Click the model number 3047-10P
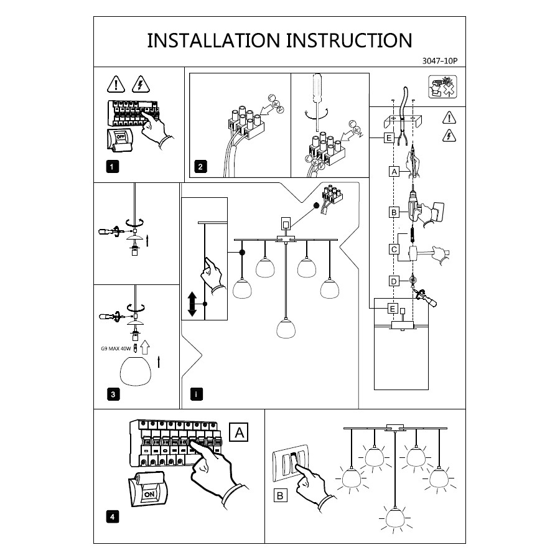point(440,61)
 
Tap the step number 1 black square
point(111,166)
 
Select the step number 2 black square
point(200,166)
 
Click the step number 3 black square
point(111,394)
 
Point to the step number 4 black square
point(111,516)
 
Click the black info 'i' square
point(197,394)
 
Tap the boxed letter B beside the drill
point(393,212)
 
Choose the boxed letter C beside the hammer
point(393,250)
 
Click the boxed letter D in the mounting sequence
point(393,281)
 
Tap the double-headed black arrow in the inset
point(192,303)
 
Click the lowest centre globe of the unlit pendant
point(286,329)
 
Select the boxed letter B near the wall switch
point(281,496)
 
